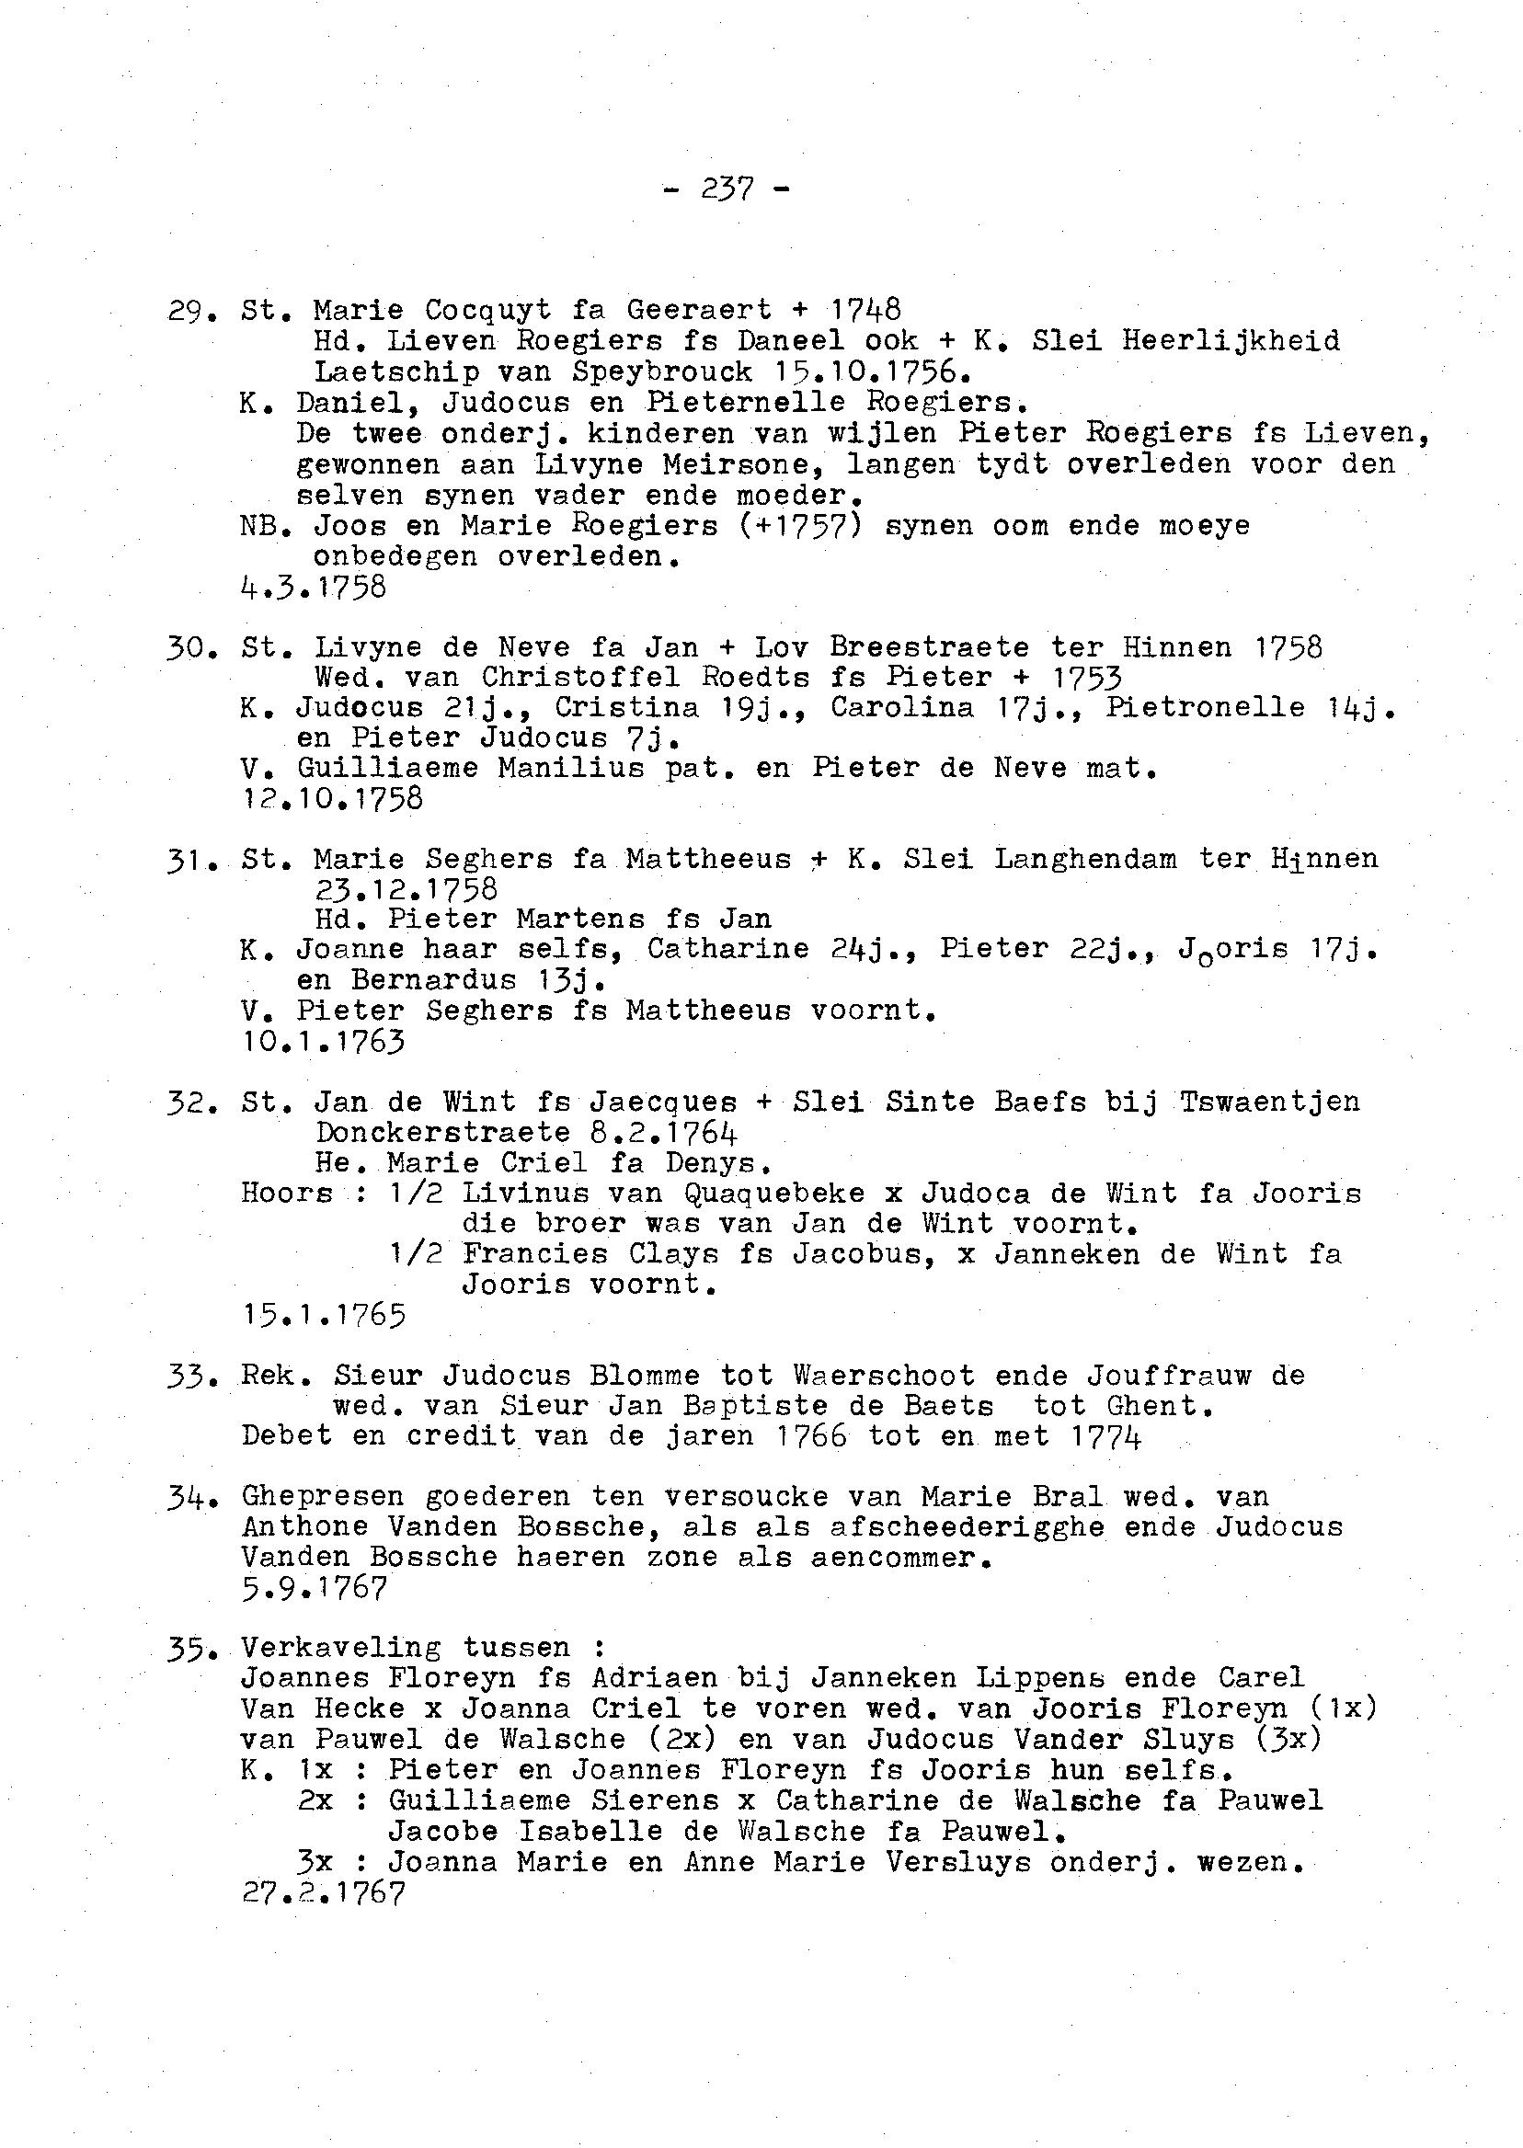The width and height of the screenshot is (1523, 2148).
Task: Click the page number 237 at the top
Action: click(x=727, y=189)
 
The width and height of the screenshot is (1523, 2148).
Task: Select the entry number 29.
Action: click(x=189, y=311)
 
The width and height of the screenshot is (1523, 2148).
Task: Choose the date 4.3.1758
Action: click(x=314, y=587)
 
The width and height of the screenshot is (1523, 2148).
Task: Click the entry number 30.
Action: click(x=189, y=648)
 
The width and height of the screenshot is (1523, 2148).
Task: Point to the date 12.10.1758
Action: click(x=332, y=799)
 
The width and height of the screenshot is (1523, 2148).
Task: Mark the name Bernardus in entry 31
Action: click(x=433, y=980)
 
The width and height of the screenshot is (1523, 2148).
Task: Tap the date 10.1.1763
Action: click(x=323, y=1041)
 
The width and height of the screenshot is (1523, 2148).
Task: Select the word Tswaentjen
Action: click(x=1269, y=1102)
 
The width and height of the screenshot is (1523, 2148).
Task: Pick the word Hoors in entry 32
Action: click(x=286, y=1194)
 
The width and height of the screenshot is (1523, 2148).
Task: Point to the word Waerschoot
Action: click(x=884, y=1376)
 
